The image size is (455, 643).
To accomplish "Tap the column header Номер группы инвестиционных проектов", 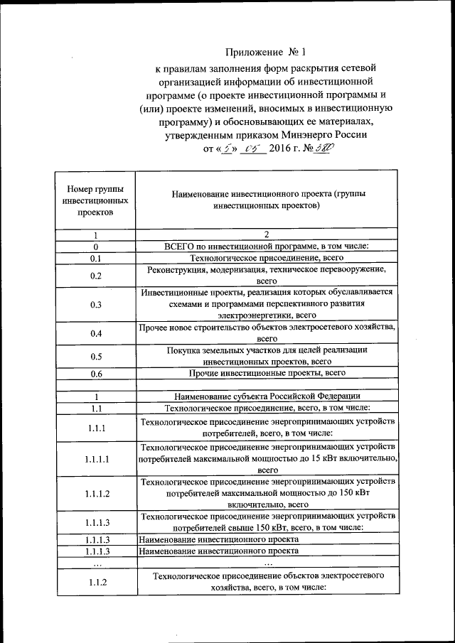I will pos(94,200).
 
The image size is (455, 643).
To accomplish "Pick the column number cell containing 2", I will pos(267,235).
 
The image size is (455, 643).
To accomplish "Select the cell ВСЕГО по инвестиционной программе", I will pos(267,247).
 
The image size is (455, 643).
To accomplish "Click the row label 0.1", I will pos(96,259).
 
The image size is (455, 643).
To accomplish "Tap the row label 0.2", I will pos(96,276).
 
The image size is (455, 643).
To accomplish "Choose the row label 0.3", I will pos(96,304).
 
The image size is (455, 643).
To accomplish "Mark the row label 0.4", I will pos(96,333).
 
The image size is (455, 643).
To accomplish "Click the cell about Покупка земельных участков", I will pos(267,355).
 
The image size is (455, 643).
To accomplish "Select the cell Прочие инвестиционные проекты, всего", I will pos(267,372).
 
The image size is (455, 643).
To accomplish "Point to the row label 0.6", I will pos(96,373).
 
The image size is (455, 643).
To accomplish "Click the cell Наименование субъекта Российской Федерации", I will pos(267,396).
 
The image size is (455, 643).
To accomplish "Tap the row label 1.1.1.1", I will pos(96,458).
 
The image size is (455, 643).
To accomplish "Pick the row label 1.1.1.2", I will pos(96,493).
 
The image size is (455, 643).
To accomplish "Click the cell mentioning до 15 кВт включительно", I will pos(267,458).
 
